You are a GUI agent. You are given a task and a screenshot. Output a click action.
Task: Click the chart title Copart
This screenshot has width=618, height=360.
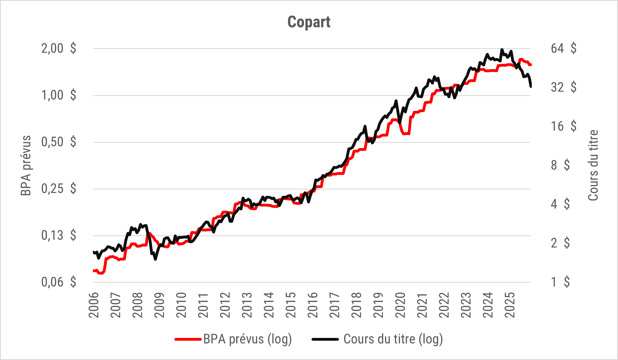click(x=309, y=22)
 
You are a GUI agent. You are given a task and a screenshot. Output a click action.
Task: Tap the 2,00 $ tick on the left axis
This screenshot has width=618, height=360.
click(x=58, y=48)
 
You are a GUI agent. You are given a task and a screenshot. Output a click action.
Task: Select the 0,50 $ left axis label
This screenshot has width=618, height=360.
click(x=58, y=142)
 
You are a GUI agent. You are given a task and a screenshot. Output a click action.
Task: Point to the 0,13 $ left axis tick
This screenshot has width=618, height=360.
click(x=58, y=236)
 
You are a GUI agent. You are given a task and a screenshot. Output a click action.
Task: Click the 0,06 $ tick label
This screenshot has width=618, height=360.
click(x=58, y=282)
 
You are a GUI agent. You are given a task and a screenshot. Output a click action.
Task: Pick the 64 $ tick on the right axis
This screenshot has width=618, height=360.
click(x=563, y=48)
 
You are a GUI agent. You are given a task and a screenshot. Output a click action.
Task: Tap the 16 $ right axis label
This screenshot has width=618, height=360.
click(x=563, y=126)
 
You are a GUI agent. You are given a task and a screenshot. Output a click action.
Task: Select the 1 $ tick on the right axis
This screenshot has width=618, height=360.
click(x=560, y=282)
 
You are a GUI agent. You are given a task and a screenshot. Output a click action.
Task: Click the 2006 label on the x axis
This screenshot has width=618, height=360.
click(x=94, y=305)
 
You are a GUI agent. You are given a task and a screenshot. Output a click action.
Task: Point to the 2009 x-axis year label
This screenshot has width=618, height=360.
click(x=160, y=305)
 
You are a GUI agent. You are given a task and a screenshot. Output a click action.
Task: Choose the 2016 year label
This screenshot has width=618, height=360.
click(x=313, y=305)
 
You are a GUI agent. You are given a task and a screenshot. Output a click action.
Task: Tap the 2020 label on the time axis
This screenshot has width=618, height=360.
click(x=401, y=305)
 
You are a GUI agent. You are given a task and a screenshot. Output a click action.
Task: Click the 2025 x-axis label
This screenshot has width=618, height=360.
click(x=510, y=305)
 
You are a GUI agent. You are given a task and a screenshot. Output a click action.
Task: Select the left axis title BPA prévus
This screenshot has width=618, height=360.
click(x=26, y=166)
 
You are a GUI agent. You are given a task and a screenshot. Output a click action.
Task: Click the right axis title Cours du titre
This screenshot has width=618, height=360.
click(x=593, y=166)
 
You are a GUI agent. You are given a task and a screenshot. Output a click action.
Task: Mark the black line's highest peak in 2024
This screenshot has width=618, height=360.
click(x=502, y=50)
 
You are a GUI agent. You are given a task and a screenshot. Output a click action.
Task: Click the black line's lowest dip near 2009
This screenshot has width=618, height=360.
click(x=155, y=259)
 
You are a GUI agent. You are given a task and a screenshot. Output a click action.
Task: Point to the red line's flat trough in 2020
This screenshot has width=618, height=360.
click(x=406, y=134)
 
